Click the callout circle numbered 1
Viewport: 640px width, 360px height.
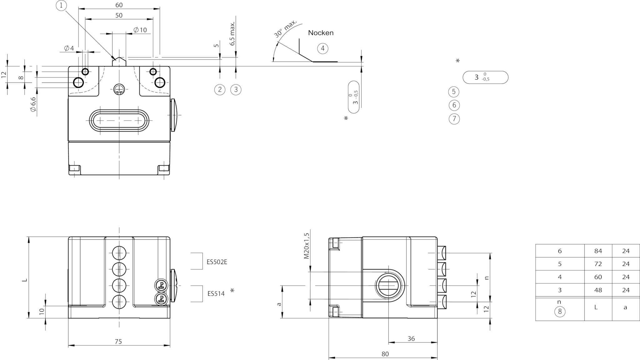[x=62, y=5]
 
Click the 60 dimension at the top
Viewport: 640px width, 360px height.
[x=119, y=5]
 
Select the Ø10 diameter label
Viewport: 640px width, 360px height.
[x=140, y=30]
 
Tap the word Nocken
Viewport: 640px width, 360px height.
[x=321, y=33]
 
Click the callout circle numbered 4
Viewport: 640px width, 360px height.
[x=322, y=48]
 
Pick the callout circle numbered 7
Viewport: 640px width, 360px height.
[x=454, y=119]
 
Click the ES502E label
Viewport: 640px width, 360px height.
[x=217, y=262]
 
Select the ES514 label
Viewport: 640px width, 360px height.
[x=216, y=294]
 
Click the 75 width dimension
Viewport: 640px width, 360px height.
[x=118, y=342]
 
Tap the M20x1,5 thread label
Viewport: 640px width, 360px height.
[x=306, y=246]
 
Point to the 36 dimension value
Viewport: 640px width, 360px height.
[x=411, y=339]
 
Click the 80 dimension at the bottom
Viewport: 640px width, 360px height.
[x=385, y=354]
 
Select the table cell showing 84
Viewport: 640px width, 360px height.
[x=598, y=251]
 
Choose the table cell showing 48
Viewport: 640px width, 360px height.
[x=598, y=290]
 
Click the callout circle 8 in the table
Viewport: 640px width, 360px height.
[x=560, y=312]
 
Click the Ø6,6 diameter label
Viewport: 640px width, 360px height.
[x=33, y=104]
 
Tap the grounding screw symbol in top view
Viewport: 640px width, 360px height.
[x=119, y=89]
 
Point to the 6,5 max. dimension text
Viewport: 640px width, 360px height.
[x=232, y=34]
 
